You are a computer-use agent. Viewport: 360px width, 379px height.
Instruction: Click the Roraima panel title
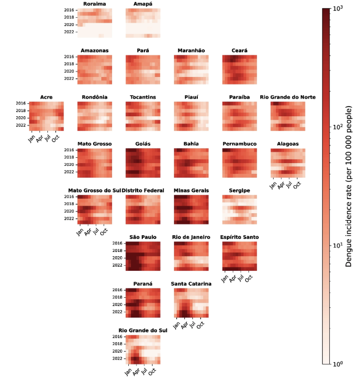tap(94, 4)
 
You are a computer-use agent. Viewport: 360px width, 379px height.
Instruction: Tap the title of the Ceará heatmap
tap(239, 51)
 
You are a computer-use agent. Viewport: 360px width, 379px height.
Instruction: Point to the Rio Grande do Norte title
tap(288, 97)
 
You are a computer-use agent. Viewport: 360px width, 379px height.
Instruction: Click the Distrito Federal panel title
tap(143, 191)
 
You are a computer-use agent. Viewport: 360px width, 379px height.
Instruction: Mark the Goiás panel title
tap(143, 144)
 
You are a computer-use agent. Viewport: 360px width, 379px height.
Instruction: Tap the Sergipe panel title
tap(239, 191)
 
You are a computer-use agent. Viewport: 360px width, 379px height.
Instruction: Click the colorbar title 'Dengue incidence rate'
tap(350, 186)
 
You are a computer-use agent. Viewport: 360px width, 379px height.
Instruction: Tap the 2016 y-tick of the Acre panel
tap(20, 103)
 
